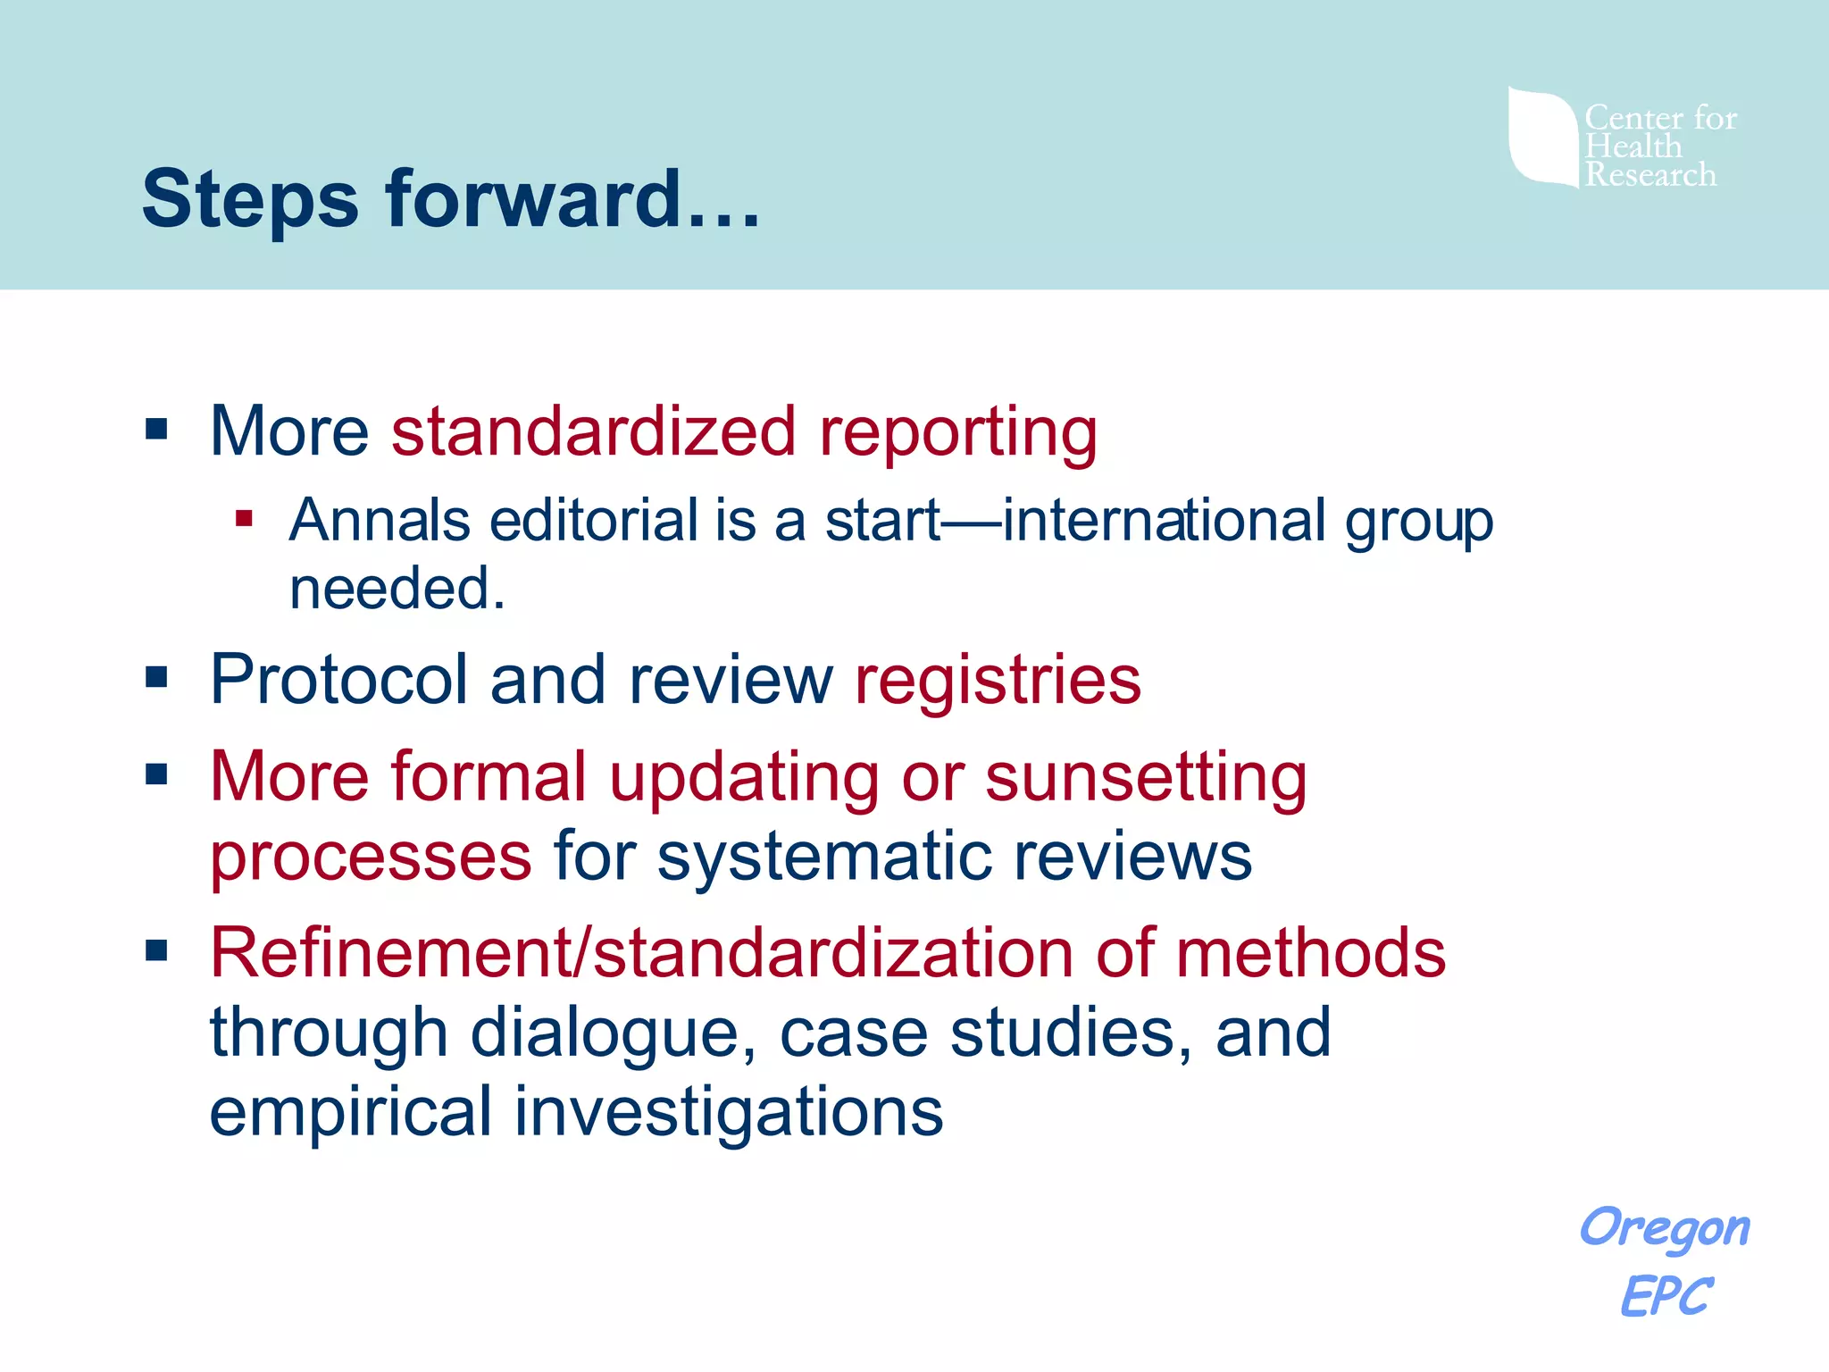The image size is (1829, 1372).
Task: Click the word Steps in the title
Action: click(x=250, y=199)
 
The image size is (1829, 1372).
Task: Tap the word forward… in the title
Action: click(x=572, y=199)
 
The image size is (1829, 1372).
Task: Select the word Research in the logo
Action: click(x=1650, y=175)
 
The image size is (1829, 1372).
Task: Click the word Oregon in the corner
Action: click(x=1665, y=1228)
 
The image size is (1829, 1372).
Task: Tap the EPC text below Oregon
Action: click(x=1665, y=1296)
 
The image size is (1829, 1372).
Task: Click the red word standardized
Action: click(x=593, y=431)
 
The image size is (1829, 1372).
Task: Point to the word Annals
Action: click(x=380, y=521)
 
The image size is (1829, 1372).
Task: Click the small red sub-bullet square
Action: click(x=244, y=518)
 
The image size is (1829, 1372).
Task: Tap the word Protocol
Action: click(x=338, y=680)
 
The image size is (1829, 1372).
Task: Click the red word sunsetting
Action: click(x=1146, y=777)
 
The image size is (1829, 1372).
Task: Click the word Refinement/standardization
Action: click(x=641, y=953)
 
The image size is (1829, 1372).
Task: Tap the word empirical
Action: click(x=350, y=1112)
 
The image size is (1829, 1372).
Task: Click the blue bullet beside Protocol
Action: click(x=157, y=677)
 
